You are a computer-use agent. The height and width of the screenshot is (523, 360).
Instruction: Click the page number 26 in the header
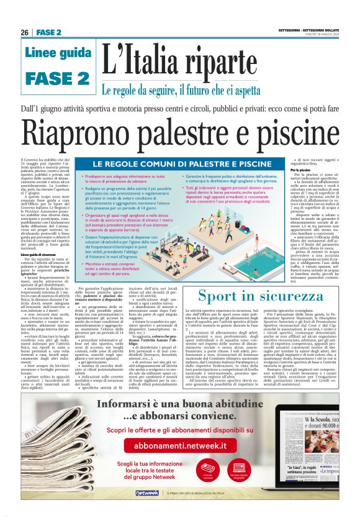(x=25, y=32)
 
